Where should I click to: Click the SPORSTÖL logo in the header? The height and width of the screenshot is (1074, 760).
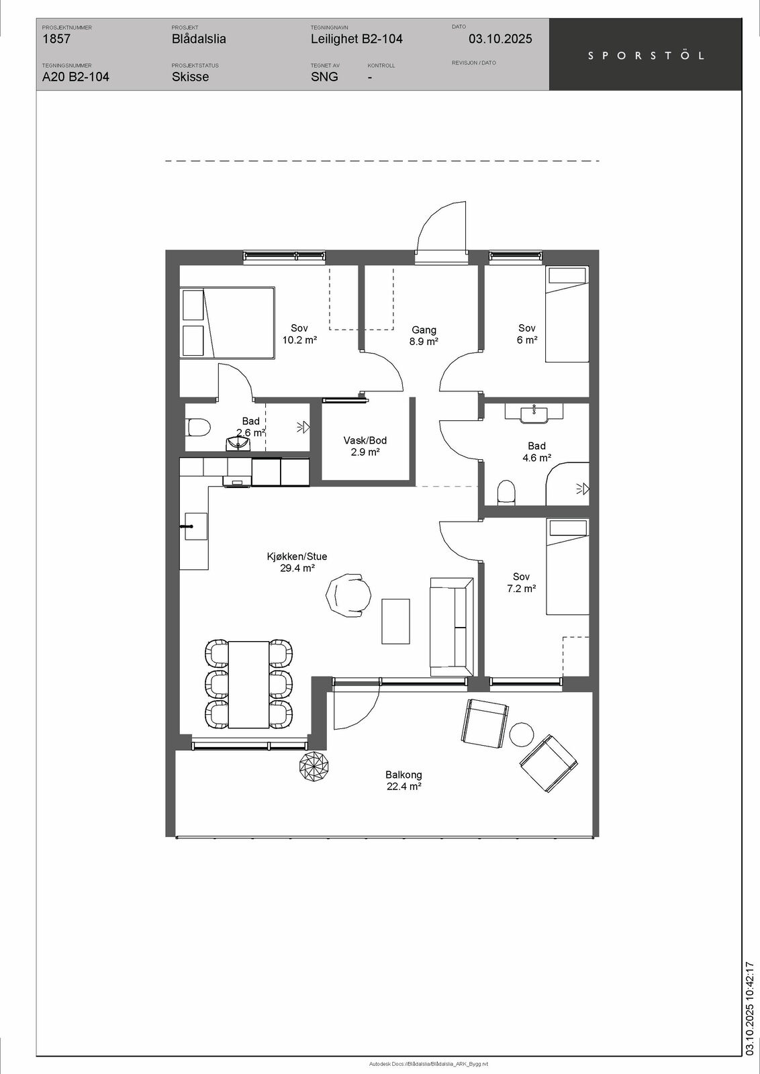646,56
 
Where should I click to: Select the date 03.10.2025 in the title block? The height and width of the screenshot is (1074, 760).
500,39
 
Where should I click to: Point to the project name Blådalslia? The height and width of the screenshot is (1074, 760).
199,39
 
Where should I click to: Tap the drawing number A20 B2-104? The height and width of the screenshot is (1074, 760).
76,77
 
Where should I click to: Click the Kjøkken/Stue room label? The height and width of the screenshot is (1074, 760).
297,556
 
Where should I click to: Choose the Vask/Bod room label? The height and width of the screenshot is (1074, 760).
365,440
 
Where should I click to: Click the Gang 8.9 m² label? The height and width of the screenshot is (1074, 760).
424,336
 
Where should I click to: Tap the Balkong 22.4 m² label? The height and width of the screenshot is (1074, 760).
403,780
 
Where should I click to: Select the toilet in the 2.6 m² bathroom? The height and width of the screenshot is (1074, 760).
198,427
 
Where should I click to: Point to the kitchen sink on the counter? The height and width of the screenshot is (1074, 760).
195,526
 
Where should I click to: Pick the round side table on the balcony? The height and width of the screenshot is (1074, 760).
521,734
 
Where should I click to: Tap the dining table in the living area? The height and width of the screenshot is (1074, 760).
248,684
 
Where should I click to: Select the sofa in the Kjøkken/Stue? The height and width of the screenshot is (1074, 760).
451,627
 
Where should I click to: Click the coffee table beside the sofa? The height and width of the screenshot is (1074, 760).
395,622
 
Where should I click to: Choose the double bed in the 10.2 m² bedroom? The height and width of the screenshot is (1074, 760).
228,323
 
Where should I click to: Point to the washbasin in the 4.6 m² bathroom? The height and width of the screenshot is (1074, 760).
534,414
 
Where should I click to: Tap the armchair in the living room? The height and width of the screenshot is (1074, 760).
348,597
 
